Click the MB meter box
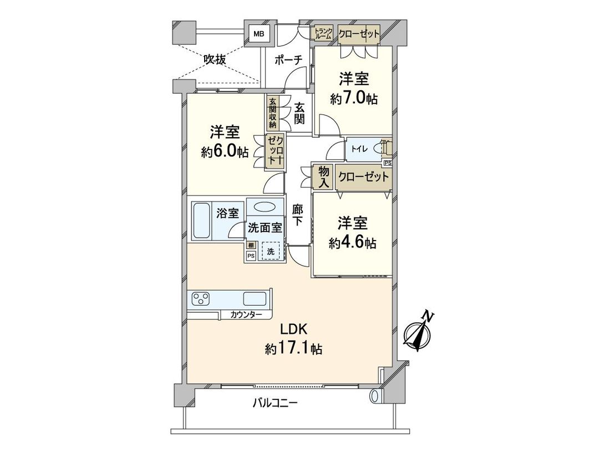click(258, 34)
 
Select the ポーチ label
click(287, 59)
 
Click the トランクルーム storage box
click(323, 34)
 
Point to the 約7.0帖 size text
click(353, 99)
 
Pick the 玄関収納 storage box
click(272, 113)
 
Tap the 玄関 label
click(299, 113)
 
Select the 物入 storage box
click(323, 177)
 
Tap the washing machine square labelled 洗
click(271, 251)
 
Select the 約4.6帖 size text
click(353, 243)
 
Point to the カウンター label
click(247, 315)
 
